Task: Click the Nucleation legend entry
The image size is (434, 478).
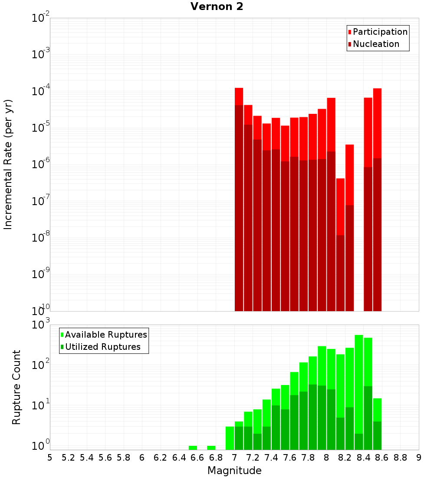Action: tap(376, 44)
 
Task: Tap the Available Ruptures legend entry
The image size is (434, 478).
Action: tap(106, 335)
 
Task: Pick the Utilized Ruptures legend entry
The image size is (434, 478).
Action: tap(102, 347)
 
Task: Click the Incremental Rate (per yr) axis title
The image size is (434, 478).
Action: tap(8, 164)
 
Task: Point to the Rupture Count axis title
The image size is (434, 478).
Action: tap(16, 387)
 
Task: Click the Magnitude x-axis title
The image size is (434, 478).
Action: tap(234, 471)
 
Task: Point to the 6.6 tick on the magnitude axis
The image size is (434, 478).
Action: tap(197, 458)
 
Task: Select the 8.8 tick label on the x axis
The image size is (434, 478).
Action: tap(400, 458)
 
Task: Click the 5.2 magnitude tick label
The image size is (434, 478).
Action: tap(68, 458)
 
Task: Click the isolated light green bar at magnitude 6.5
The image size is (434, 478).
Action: tap(193, 448)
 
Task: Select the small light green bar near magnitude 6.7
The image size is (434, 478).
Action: tap(211, 448)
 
